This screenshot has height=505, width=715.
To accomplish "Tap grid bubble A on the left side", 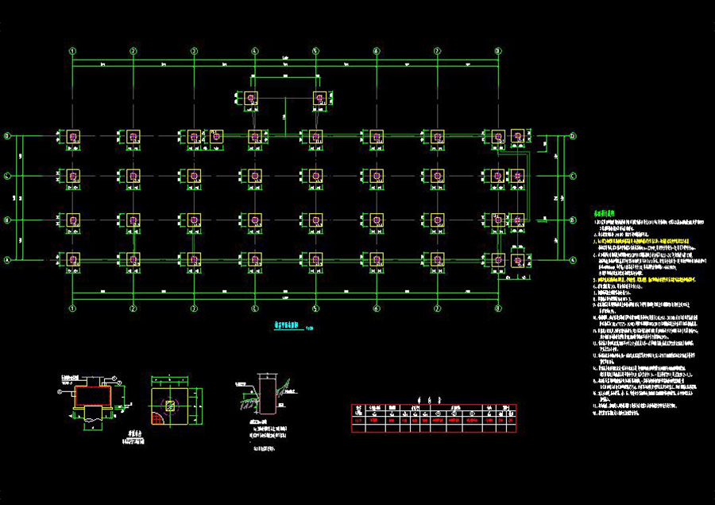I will coord(8,260).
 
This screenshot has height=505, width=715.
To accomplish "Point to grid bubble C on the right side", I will coord(573,176).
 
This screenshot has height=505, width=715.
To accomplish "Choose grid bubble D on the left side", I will coord(8,137).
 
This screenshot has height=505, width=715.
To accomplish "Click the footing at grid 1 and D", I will coord(73,137).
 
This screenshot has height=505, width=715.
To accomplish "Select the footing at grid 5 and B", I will coord(315,219).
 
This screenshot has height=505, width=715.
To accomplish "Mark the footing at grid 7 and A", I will coord(437,259).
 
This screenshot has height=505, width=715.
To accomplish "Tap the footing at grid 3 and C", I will coord(194,176).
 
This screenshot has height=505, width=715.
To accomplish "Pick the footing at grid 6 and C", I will coord(377,176).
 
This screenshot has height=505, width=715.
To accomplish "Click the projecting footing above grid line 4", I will coord(251,98).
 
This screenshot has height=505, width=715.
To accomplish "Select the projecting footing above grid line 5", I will coord(319,98).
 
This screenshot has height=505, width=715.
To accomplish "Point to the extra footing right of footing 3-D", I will coord(215,137).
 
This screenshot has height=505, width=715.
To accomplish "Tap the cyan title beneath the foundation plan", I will coord(289,324).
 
